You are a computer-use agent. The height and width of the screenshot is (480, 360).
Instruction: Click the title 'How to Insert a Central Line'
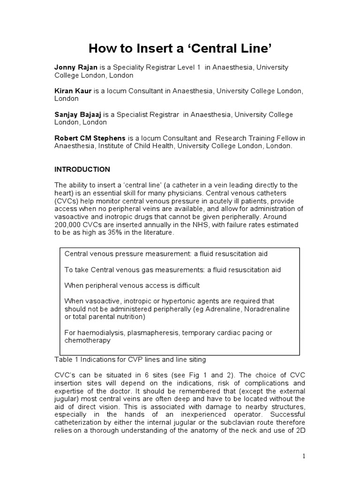click(x=180, y=49)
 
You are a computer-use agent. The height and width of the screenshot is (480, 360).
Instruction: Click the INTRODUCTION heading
click(x=82, y=169)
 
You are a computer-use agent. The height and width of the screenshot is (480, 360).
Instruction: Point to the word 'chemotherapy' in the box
click(x=87, y=341)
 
